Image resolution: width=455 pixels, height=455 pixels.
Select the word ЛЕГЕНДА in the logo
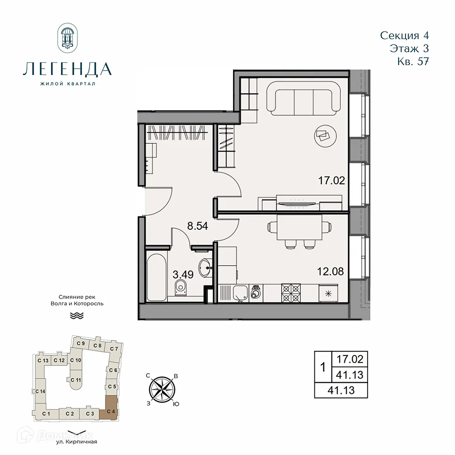(x=67, y=69)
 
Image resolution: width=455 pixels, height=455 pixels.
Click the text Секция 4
(x=404, y=35)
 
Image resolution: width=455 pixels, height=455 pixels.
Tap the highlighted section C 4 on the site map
(x=111, y=407)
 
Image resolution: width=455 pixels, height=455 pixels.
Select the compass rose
(x=162, y=389)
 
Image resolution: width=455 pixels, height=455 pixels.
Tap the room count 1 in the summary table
(x=323, y=367)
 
